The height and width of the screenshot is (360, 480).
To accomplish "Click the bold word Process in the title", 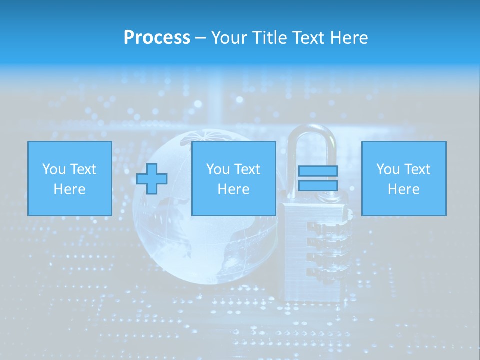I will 157,38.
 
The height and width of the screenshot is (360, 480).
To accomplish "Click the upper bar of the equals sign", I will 318,171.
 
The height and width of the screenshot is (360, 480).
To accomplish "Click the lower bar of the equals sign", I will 318,185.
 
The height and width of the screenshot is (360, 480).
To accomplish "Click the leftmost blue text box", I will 69,178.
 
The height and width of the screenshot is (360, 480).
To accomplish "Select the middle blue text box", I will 233,178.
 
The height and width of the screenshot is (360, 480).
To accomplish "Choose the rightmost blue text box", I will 403,178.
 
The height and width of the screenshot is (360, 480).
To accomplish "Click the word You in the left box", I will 54,169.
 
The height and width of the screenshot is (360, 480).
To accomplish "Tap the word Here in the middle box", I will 233,189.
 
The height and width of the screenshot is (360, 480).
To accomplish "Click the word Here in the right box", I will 403,189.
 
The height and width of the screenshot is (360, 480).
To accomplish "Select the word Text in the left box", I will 83,169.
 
